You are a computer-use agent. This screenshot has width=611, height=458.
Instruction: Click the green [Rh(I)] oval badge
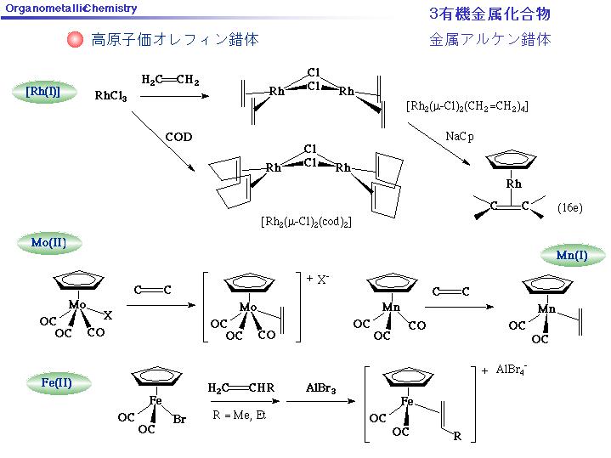click(43, 92)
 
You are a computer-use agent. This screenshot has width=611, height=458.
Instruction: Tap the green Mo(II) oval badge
click(49, 243)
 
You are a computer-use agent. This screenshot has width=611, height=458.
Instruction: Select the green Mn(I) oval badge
click(573, 255)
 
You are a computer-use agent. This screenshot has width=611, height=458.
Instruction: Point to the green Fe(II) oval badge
click(58, 382)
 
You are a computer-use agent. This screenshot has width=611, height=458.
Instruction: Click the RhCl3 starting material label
click(110, 96)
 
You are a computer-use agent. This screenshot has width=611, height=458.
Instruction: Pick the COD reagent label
click(178, 137)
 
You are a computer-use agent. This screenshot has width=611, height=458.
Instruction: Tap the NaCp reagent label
click(460, 137)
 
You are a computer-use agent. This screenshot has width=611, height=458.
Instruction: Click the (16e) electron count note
click(569, 207)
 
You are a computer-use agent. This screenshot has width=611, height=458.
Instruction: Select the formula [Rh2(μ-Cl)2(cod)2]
click(306, 222)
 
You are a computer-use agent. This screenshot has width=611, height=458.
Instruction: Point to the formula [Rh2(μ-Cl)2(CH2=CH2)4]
click(467, 106)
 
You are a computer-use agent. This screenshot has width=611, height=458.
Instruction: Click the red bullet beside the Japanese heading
click(75, 39)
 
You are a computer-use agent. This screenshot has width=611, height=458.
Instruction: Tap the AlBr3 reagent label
click(320, 388)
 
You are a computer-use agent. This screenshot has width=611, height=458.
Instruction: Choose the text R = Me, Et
click(239, 416)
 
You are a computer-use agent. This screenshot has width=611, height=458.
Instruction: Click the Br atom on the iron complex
click(179, 420)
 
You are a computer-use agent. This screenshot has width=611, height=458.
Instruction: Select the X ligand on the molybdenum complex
click(108, 315)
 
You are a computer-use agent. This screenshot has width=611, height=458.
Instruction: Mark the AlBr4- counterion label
click(512, 370)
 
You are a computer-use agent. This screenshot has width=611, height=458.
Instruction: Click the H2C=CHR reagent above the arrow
click(240, 387)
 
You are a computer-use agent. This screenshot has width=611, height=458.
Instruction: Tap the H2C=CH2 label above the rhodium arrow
click(170, 80)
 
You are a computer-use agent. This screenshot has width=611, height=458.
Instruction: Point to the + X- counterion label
click(318, 279)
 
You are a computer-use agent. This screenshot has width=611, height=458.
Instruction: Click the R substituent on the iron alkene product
click(457, 436)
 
